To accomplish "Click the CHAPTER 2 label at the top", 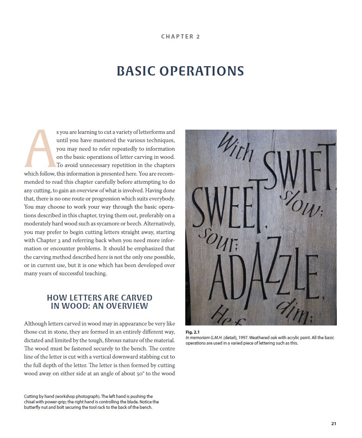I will point(180,37).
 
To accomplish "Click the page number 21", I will point(334,424).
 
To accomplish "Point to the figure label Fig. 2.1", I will point(192,332).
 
